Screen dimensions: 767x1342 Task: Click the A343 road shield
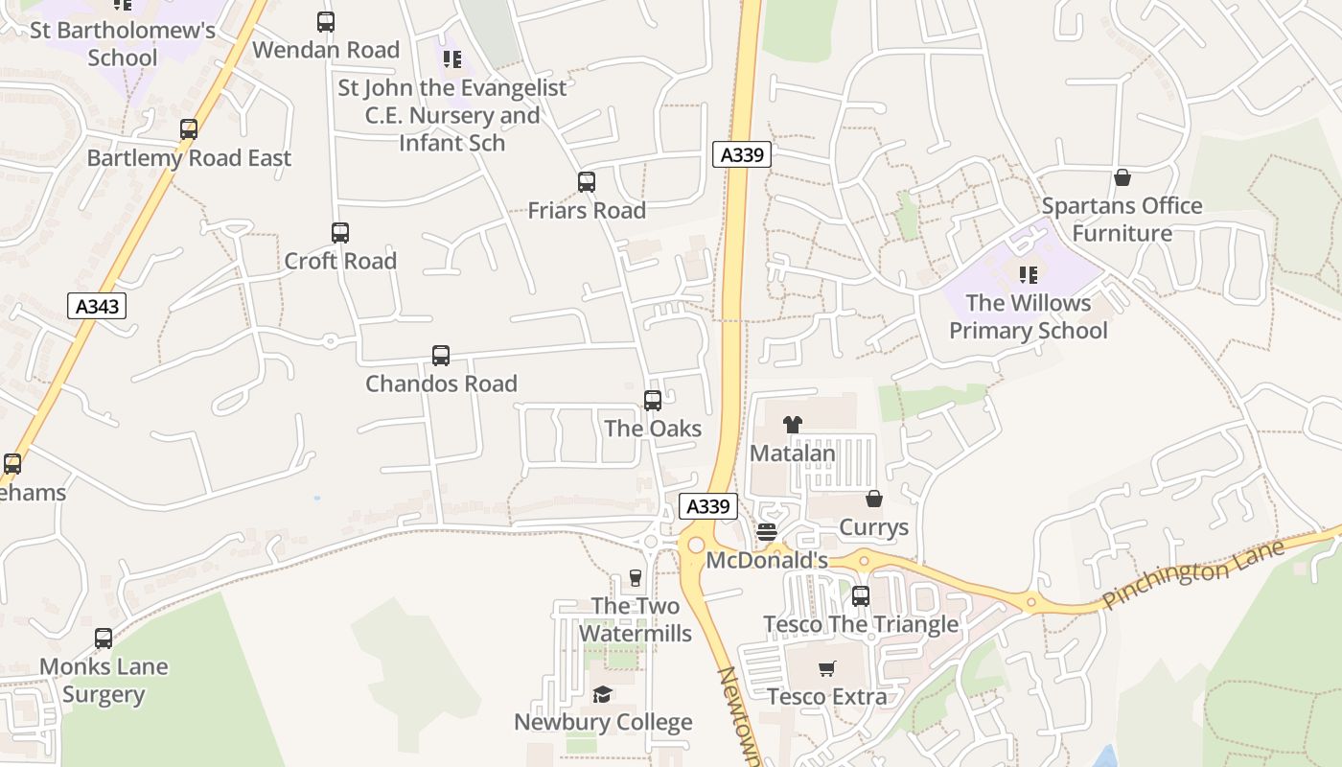coord(98,306)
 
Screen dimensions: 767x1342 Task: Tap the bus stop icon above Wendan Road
coord(326,21)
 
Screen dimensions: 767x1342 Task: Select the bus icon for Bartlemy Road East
coord(189,129)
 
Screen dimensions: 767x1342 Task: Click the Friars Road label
coord(587,210)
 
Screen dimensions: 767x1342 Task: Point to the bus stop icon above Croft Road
coord(340,233)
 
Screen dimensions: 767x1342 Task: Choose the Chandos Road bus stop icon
coord(441,356)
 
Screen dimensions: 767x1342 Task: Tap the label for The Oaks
coord(653,429)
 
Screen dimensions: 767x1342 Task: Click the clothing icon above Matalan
coord(792,424)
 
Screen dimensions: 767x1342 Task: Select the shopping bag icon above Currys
coord(874,499)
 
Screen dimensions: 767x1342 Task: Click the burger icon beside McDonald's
coord(767,531)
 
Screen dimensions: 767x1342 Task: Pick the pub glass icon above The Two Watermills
coord(635,578)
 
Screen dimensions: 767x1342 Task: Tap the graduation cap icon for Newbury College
coord(602,694)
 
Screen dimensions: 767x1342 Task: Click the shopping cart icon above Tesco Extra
coord(827,668)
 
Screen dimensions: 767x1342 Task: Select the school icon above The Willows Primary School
coord(1029,275)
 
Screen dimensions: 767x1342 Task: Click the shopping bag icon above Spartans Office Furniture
coord(1122,177)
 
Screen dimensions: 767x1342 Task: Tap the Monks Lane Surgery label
coord(104,681)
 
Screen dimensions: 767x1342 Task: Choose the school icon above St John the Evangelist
coord(452,59)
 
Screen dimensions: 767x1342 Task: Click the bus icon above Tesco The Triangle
coord(861,596)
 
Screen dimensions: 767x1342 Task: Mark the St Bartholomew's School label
coord(123,43)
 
